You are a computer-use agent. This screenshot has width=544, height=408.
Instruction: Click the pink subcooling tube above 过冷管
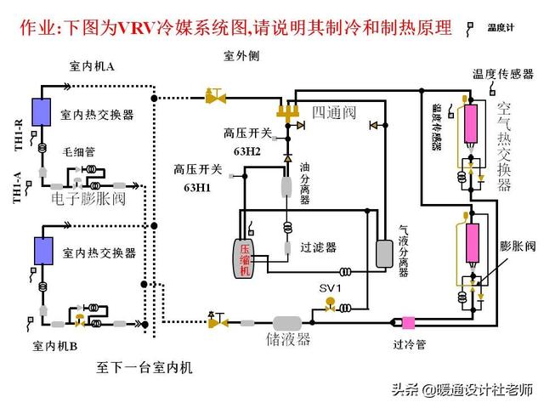[x=408, y=323]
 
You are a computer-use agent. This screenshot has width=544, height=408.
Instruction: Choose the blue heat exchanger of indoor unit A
[x=39, y=113]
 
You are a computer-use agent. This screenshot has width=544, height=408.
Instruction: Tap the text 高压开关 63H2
[x=247, y=141]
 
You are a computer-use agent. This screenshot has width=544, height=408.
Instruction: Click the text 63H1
[x=197, y=186]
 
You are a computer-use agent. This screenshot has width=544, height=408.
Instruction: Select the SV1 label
[x=330, y=289]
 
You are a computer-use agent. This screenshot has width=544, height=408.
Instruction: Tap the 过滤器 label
[x=318, y=247]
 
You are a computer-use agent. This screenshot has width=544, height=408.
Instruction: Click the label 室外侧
[x=241, y=56]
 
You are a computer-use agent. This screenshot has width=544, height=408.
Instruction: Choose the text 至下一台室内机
[x=144, y=368]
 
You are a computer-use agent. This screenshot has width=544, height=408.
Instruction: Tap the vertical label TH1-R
[x=18, y=138]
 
